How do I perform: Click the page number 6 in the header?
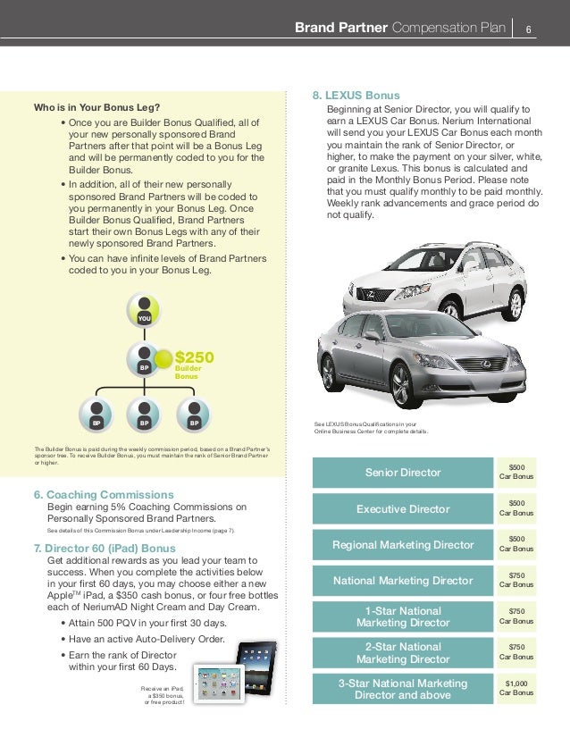coord(529,28)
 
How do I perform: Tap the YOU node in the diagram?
coord(143,310)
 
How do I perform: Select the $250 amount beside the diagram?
coord(193,357)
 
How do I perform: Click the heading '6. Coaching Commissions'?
coord(103,494)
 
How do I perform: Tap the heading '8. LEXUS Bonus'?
coord(356,96)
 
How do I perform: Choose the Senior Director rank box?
coord(404,472)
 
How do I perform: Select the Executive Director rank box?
coord(404,508)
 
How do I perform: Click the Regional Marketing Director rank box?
coord(404,544)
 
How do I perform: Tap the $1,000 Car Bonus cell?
coord(516,688)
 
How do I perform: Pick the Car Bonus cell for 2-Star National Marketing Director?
coord(516,651)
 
